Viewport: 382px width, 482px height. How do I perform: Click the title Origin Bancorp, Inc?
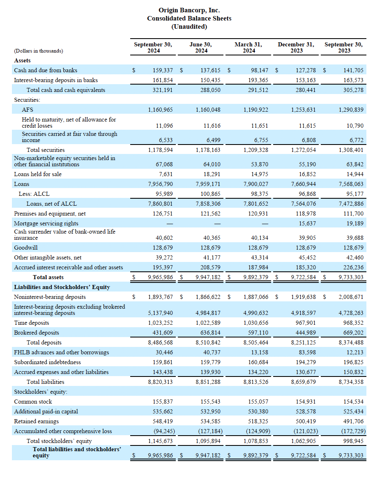189,10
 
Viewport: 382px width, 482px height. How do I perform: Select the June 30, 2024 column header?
201,47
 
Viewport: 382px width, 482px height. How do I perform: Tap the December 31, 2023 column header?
296,47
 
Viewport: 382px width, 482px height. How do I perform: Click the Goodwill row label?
26,248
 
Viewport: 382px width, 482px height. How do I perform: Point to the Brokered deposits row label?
37,333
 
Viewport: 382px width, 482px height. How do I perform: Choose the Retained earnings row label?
36,421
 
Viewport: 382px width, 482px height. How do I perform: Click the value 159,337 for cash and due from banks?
163,70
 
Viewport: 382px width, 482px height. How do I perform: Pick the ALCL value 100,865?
210,194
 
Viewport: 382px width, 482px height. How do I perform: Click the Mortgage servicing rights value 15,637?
307,223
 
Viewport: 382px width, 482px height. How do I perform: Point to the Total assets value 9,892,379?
255,277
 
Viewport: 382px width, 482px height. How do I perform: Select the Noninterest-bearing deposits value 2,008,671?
351,297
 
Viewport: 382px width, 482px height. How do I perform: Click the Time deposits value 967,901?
306,323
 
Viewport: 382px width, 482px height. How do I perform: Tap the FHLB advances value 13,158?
260,352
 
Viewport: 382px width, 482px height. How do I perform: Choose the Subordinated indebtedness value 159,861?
163,362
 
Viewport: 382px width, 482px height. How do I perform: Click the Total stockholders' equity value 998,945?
353,441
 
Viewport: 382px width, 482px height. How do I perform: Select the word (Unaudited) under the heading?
189,27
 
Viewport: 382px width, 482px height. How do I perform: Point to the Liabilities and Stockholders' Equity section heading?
62,287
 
